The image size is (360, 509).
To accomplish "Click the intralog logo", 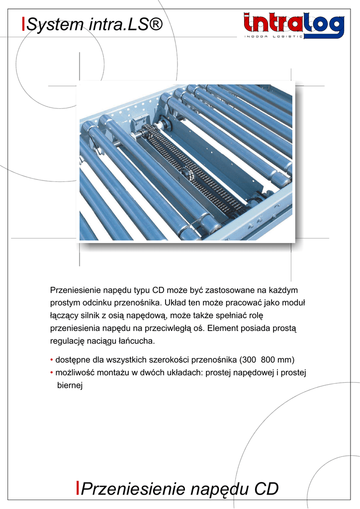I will (x=293, y=25).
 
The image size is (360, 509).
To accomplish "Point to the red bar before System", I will (x=23, y=23).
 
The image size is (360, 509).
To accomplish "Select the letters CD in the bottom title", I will (x=266, y=489).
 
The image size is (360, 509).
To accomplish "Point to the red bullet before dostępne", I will (x=52, y=359).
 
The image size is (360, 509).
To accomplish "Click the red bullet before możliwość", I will (x=52, y=372).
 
